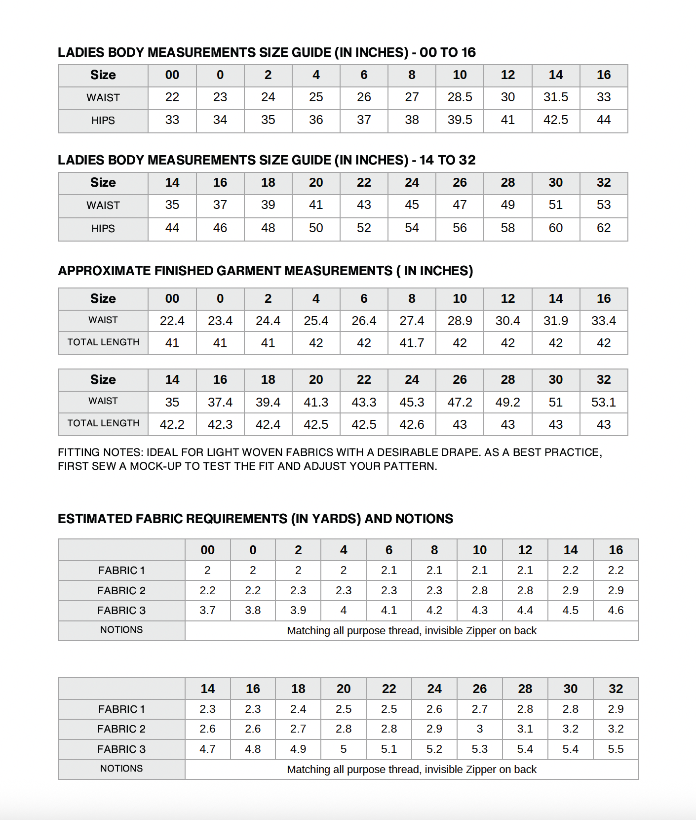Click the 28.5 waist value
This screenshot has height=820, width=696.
tap(460, 97)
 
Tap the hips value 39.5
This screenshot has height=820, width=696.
tap(460, 120)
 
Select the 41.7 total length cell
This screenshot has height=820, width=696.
tap(412, 343)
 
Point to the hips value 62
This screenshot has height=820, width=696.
tap(603, 228)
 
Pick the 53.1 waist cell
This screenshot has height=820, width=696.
tap(603, 402)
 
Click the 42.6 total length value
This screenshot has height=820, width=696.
tap(412, 424)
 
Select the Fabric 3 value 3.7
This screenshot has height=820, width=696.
tap(207, 611)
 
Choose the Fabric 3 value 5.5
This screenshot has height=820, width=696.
tap(616, 749)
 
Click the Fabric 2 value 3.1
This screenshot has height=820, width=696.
tap(525, 729)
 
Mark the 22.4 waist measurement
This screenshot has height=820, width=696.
tap(172, 321)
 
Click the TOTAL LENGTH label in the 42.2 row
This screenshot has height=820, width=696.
tap(103, 423)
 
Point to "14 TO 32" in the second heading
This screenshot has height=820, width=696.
tap(447, 160)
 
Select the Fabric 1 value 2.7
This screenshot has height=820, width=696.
tap(479, 709)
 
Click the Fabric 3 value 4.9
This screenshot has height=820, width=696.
tap(298, 749)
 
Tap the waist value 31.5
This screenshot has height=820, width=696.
tap(555, 97)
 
